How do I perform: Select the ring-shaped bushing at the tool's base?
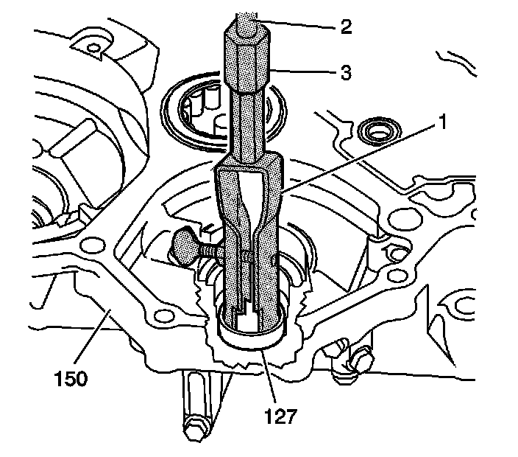(x=253, y=335)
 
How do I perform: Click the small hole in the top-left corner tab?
(x=93, y=49)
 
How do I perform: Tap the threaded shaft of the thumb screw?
(x=213, y=251)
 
